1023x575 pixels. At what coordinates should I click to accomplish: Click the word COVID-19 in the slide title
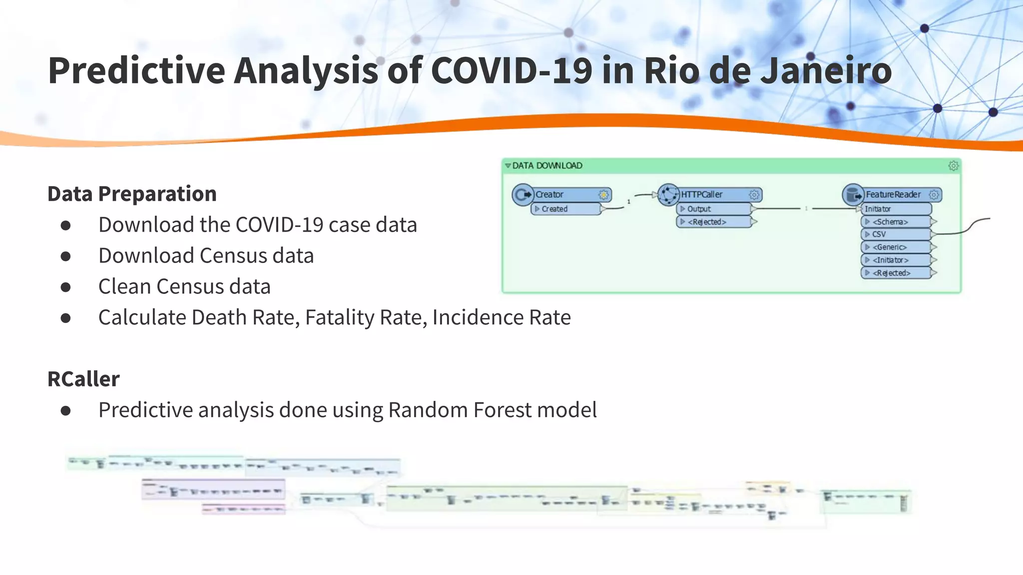tap(511, 70)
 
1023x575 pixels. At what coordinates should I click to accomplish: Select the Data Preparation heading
tap(132, 194)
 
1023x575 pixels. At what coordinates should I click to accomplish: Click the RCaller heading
tap(83, 379)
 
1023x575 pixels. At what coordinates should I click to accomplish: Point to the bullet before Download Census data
tap(65, 257)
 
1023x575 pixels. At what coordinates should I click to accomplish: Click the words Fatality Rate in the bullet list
tap(365, 317)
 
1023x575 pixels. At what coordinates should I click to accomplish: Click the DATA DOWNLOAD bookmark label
tap(547, 166)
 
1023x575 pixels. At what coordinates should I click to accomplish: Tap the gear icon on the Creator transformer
tap(603, 195)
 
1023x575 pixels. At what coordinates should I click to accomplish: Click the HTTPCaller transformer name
tap(701, 195)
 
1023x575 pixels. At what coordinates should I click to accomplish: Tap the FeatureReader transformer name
tap(893, 195)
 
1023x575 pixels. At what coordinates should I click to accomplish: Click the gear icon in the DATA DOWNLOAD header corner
tap(953, 166)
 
